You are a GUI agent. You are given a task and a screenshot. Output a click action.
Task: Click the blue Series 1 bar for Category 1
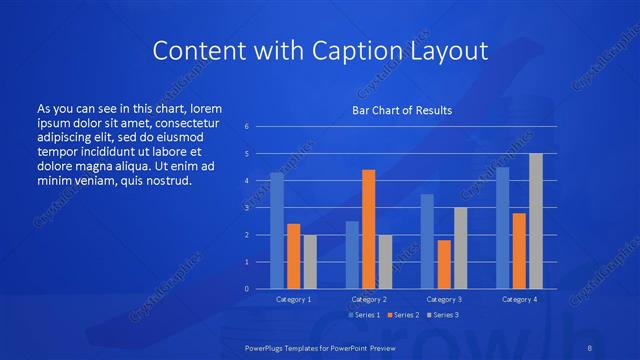(277, 231)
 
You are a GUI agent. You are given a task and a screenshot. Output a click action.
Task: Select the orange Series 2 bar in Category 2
(368, 229)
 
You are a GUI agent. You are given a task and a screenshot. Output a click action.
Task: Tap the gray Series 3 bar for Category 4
(535, 221)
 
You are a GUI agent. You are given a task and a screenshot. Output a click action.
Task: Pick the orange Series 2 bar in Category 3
(444, 264)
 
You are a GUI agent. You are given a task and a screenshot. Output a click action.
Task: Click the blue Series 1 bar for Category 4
(502, 228)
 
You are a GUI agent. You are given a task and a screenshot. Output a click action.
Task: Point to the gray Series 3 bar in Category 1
(310, 262)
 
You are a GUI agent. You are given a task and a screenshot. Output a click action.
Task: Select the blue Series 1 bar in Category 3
(427, 241)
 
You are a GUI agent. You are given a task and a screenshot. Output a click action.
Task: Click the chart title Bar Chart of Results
(402, 110)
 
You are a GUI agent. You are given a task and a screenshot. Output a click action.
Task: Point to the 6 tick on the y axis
(246, 127)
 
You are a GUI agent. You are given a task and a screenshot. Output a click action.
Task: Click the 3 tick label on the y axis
(246, 208)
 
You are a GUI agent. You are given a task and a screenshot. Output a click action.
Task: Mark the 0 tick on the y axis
(246, 289)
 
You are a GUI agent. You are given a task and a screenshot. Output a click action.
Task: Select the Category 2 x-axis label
(368, 299)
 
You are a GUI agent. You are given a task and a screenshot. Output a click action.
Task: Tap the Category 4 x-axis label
(519, 299)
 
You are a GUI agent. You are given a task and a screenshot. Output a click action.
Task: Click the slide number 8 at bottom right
(590, 347)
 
